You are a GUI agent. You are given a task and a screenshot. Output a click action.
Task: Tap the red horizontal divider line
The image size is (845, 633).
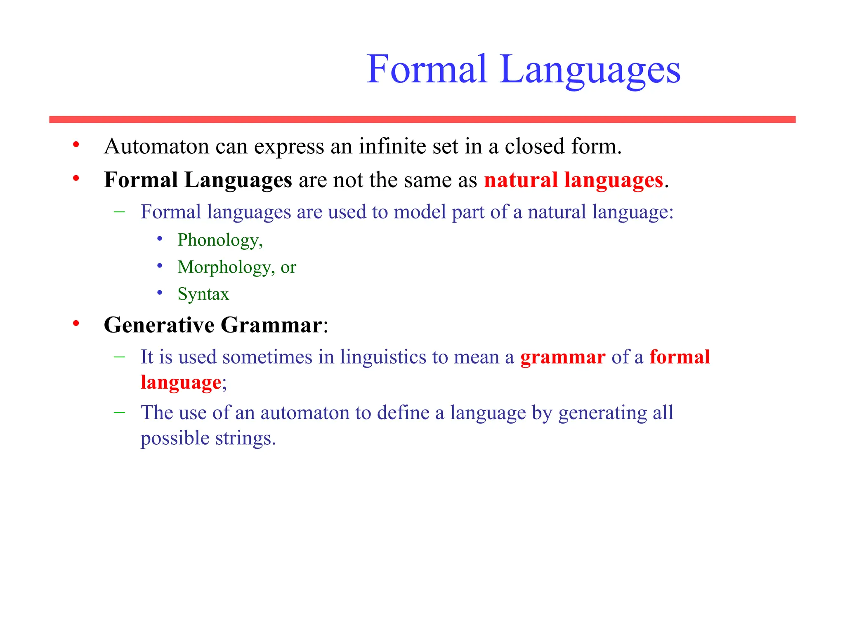coord(422,120)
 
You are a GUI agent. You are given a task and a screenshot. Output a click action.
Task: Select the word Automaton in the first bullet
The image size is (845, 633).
coord(156,146)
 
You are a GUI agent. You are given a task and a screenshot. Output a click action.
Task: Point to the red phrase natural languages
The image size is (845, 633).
coord(573,180)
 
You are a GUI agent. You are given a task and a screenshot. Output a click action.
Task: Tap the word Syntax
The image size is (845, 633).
coord(203,294)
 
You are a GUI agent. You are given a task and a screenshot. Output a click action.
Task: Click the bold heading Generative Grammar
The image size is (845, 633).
coord(213,325)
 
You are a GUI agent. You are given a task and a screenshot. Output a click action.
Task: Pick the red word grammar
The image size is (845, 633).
coord(562,357)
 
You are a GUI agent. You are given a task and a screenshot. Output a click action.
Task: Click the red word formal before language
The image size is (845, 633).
coord(680,357)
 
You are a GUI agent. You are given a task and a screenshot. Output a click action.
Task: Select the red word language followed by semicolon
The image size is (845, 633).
coord(181,382)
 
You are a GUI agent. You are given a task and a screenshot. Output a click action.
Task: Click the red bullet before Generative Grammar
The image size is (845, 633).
coord(76,324)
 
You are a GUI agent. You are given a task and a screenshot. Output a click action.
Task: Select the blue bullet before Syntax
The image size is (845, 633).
coord(160,293)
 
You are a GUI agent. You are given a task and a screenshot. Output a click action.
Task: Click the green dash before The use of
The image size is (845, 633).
coord(119,412)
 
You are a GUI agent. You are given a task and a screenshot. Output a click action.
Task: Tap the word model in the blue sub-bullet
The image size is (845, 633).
coord(420,212)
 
